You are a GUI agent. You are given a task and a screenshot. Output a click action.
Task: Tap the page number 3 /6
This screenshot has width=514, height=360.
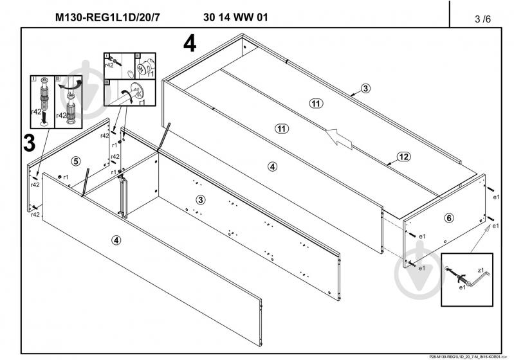481,19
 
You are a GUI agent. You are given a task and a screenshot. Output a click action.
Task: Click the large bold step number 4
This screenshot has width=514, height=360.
189,44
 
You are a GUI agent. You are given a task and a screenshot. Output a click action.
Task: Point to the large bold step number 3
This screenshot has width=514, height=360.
28,143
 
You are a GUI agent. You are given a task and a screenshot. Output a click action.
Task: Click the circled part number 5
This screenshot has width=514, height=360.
76,161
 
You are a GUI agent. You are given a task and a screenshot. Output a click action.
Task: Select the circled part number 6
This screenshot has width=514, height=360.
449,218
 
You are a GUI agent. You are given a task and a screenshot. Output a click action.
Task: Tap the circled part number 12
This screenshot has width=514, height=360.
403,156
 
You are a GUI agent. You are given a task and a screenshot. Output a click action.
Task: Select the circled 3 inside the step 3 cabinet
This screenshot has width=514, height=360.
201,200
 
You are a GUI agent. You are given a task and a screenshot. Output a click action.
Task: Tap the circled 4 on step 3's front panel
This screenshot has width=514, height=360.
116,241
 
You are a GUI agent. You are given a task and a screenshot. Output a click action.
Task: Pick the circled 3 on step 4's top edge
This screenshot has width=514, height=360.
365,89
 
